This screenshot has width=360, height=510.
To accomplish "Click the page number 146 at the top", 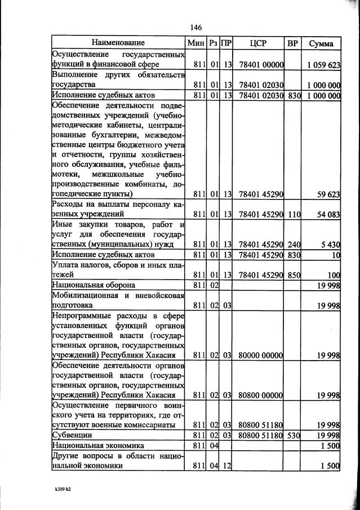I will tap(196, 28).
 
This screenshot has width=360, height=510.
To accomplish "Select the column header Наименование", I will tap(118, 43).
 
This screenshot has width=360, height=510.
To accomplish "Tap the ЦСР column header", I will tap(257, 43).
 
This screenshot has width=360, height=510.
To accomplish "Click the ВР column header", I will tap(293, 43).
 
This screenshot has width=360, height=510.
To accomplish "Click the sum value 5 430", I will tap(330, 244).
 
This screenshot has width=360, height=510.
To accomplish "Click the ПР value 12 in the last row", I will tap(227, 466).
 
